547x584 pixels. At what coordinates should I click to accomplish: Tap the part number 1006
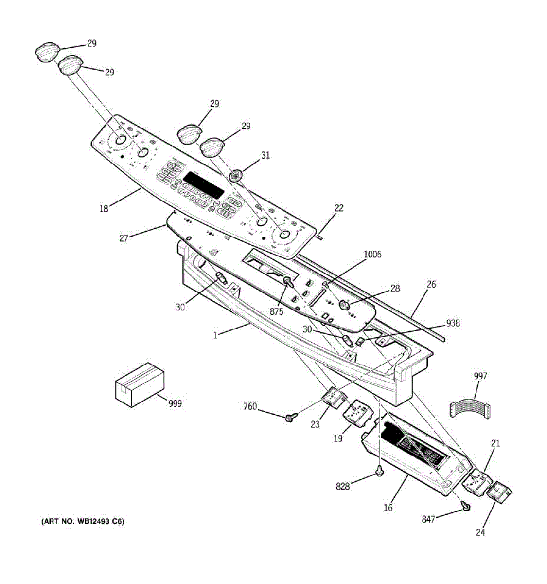[372, 254]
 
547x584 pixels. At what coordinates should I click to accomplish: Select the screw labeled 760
[291, 417]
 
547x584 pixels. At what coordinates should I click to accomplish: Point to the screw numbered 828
[380, 471]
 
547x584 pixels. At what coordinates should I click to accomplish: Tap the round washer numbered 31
[237, 175]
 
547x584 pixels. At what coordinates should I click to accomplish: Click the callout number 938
[453, 323]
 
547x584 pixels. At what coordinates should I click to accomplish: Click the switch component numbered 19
[357, 413]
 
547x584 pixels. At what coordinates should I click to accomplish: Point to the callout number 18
[104, 208]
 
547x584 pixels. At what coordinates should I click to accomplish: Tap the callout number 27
[124, 238]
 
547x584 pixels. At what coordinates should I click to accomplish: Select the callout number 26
[431, 285]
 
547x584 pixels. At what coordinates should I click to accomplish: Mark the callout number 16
[388, 508]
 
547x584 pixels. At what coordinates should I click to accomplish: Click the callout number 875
[277, 312]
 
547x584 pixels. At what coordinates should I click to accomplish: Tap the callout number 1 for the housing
[215, 334]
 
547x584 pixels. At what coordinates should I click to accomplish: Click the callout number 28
[395, 288]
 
